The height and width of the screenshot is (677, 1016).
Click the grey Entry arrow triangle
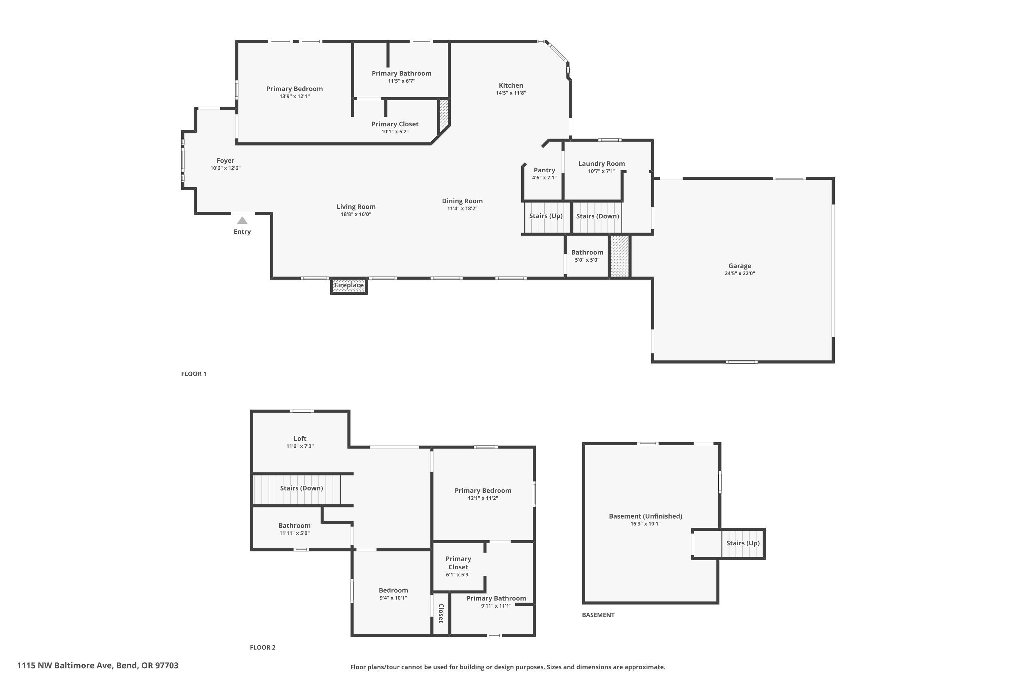(242, 221)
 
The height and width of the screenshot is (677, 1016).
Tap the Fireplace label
(349, 285)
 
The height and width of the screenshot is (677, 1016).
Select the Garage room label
(740, 266)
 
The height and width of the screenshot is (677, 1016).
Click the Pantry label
(544, 170)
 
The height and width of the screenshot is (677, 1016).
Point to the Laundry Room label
(601, 163)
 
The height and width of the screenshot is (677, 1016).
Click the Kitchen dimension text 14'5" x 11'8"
(511, 93)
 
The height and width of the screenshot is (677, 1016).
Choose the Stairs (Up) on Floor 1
(546, 216)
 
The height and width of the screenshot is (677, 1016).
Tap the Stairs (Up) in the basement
(743, 543)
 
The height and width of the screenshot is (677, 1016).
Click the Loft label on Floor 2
(300, 439)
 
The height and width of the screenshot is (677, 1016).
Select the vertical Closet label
(441, 613)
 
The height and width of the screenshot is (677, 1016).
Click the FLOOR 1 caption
(193, 374)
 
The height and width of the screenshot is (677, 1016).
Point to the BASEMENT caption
(598, 615)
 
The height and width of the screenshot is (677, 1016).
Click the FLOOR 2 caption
(262, 647)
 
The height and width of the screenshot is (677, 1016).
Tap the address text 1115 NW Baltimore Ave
(98, 665)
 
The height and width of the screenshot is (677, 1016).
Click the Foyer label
(225, 160)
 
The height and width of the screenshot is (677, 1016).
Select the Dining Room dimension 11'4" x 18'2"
(462, 209)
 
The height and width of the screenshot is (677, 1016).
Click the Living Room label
(356, 207)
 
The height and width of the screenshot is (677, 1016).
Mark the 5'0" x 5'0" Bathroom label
(587, 253)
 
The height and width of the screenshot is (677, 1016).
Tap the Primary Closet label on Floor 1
(395, 124)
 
